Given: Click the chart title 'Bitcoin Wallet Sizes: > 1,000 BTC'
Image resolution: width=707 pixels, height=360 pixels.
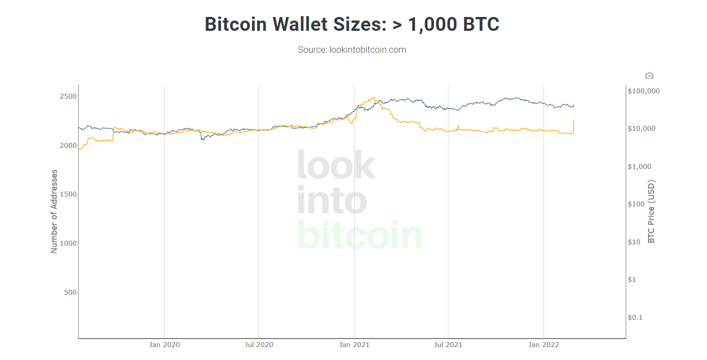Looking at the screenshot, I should (352, 24).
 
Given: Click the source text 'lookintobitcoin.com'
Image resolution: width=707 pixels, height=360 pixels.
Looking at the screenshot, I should (368, 50).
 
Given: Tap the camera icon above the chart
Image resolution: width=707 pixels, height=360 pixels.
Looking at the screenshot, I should (649, 75).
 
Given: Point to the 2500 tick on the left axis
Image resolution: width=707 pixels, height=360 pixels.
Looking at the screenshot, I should (68, 96).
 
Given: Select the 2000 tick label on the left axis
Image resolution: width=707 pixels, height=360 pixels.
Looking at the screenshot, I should (68, 146).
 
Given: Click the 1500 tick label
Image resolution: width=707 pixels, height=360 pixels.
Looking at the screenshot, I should (68, 194).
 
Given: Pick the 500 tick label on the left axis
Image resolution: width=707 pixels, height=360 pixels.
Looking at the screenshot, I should (71, 293).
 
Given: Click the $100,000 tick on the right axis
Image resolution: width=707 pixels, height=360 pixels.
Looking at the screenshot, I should (644, 91).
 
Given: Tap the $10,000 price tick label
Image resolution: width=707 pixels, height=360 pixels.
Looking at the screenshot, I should (642, 129).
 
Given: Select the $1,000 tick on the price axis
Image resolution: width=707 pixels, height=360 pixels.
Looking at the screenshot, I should (640, 167).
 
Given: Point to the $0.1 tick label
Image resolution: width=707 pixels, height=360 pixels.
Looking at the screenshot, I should (635, 318).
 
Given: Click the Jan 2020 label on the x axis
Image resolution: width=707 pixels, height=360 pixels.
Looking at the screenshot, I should (164, 345).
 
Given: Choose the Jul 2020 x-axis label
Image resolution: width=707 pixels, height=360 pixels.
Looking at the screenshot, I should (259, 345).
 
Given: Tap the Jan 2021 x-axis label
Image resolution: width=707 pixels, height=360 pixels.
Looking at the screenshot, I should (354, 345).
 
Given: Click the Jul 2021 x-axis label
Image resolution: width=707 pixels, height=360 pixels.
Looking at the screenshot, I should (448, 345).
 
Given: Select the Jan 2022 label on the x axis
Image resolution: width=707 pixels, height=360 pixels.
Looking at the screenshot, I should (544, 345).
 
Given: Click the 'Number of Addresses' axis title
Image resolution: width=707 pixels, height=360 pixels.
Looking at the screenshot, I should (54, 211).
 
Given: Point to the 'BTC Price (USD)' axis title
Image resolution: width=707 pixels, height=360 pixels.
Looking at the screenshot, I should (651, 211).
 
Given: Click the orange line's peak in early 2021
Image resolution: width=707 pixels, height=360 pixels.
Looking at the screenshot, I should (373, 98).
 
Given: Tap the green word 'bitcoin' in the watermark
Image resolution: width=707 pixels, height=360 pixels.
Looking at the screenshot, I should (360, 235).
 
